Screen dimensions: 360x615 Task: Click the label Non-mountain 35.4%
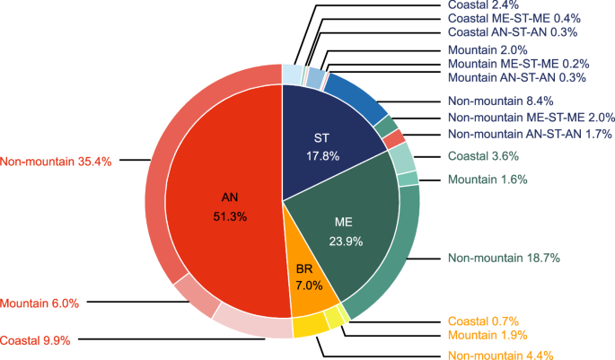pyautogui.click(x=55, y=162)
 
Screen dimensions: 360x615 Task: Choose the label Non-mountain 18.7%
pyautogui.click(x=503, y=258)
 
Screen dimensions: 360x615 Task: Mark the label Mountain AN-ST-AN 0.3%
pyautogui.click(x=516, y=78)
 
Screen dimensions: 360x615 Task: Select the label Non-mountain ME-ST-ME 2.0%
pyautogui.click(x=530, y=118)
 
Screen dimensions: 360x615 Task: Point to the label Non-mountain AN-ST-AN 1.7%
pyautogui.click(x=529, y=134)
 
